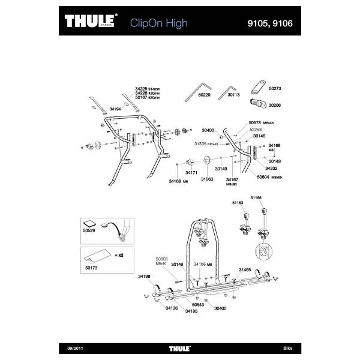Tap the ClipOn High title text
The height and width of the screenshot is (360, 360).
click(158, 23)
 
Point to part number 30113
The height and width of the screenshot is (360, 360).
click(233, 95)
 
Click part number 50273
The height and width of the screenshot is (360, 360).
click(275, 88)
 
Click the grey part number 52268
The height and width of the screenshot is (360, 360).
click(256, 129)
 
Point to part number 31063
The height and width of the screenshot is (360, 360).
click(207, 178)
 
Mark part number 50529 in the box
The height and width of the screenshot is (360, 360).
click(89, 230)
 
